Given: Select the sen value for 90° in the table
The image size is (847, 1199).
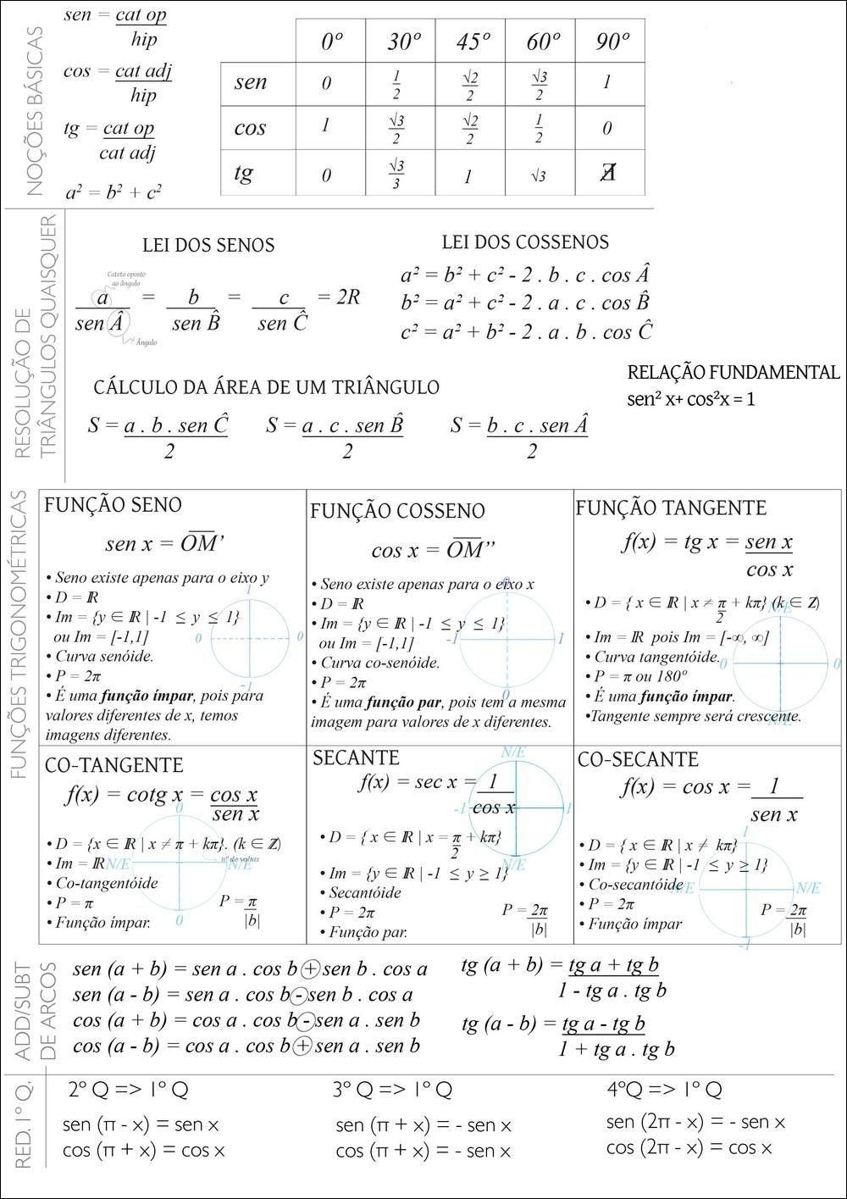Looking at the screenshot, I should tap(607, 82).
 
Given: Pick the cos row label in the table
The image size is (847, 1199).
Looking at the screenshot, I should tap(250, 128).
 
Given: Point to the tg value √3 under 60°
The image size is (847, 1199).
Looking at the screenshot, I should tap(539, 176).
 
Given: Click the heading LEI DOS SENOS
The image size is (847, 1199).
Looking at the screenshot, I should tap(208, 246).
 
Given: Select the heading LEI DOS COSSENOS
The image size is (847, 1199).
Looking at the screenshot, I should tap(525, 242).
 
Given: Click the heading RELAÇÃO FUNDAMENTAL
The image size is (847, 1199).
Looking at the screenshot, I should tap(734, 373).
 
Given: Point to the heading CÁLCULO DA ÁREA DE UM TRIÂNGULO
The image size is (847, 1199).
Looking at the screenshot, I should tap(266, 387).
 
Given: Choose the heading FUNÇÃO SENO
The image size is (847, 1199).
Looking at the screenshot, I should tap(113, 505).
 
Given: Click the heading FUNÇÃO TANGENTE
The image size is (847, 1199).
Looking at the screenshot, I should tap(671, 508).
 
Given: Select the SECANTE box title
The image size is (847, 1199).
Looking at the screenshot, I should tap(356, 758).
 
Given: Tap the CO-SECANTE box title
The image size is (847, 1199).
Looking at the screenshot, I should tap(638, 759).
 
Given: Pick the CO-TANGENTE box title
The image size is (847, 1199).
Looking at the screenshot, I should tap(113, 765).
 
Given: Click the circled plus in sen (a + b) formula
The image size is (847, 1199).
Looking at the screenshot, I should tap(311, 969).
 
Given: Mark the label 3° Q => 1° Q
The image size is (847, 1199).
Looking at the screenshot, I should tap(391, 1090).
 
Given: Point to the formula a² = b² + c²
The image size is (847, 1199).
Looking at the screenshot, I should tap(113, 192).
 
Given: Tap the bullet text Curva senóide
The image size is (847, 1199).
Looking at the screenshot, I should tap(104, 656).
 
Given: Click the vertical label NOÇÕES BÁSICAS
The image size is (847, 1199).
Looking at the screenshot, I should tap(34, 111).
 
